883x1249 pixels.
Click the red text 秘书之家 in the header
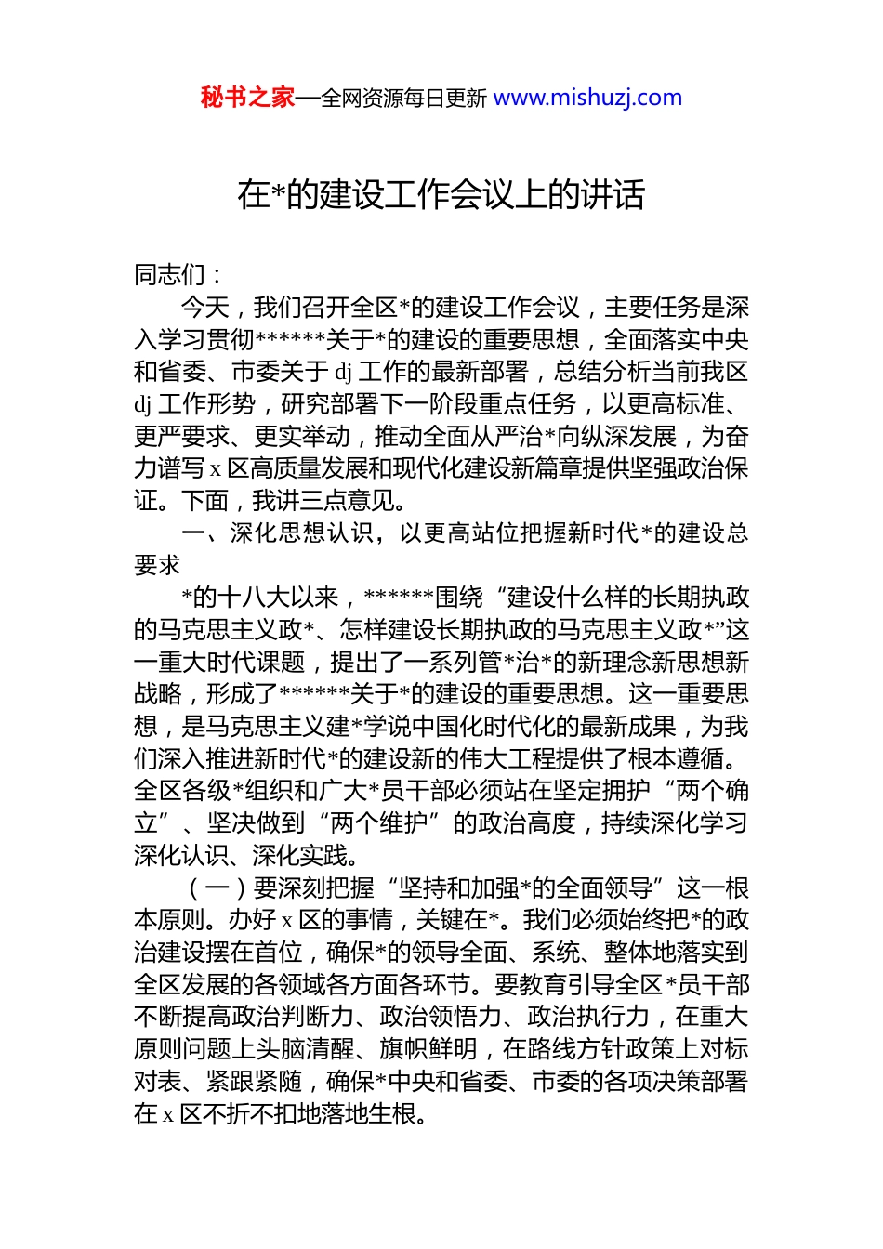pos(247,98)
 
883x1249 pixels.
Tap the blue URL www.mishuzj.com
pos(587,98)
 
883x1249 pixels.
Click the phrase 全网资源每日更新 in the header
pos(403,99)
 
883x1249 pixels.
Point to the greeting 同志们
pos(171,274)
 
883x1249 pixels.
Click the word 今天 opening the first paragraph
pos(204,307)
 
